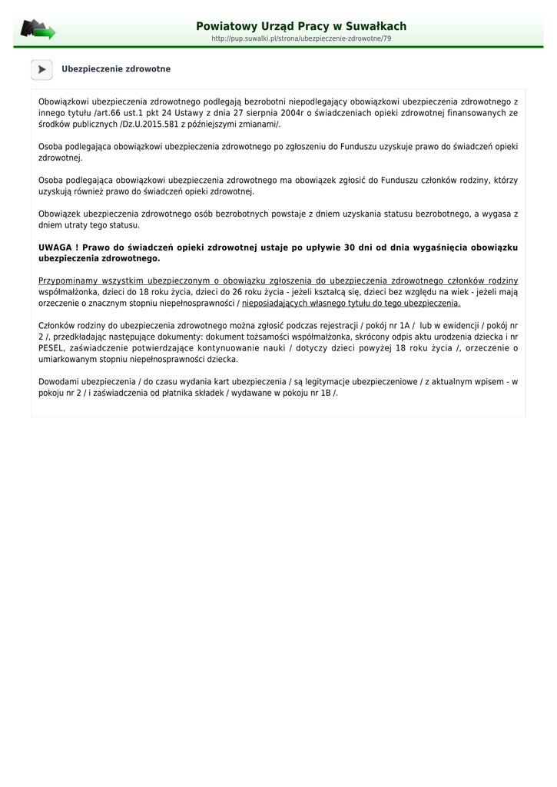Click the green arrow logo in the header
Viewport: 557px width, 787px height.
(38, 30)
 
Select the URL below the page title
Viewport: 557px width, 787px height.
(301, 38)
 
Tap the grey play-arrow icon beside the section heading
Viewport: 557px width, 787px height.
(41, 69)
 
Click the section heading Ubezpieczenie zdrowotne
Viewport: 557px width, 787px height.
(116, 69)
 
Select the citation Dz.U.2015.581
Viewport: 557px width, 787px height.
(149, 125)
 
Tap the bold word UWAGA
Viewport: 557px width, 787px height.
(55, 247)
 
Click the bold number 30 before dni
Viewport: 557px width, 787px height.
(350, 247)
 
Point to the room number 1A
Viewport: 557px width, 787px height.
(404, 326)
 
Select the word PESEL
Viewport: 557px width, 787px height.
(51, 348)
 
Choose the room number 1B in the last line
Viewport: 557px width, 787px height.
(325, 393)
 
